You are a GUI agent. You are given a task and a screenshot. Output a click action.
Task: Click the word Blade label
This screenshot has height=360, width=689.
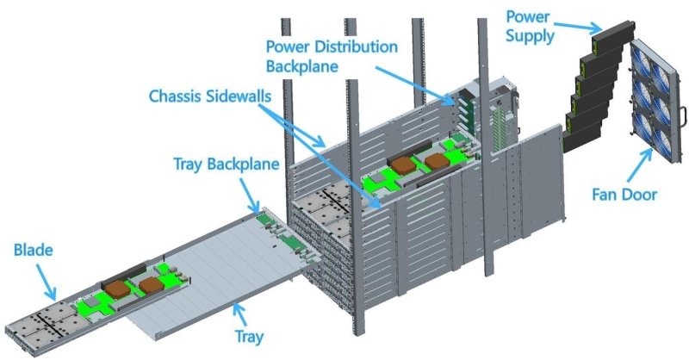tap(34, 250)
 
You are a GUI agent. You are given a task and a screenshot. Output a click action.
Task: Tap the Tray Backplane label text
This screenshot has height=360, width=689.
tap(227, 164)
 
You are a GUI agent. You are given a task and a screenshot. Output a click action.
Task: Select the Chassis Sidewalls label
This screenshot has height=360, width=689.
tap(210, 96)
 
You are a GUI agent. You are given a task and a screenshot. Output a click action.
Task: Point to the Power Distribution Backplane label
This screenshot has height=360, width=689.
tap(332, 56)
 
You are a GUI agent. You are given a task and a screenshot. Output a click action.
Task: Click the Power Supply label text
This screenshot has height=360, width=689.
tap(530, 26)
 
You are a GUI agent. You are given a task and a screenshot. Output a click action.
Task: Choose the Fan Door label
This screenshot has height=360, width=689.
tap(624, 194)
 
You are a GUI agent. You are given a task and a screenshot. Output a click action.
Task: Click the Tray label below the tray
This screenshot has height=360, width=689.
tap(249, 337)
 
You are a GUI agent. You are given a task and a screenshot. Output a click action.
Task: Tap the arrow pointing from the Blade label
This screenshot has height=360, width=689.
tap(47, 282)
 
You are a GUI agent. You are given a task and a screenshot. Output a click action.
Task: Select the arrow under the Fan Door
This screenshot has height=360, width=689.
tap(640, 164)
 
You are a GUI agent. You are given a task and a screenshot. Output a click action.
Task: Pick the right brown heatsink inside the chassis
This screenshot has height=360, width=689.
tap(438, 161)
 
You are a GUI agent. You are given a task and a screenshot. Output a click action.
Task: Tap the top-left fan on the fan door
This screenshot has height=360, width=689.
tap(641, 62)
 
